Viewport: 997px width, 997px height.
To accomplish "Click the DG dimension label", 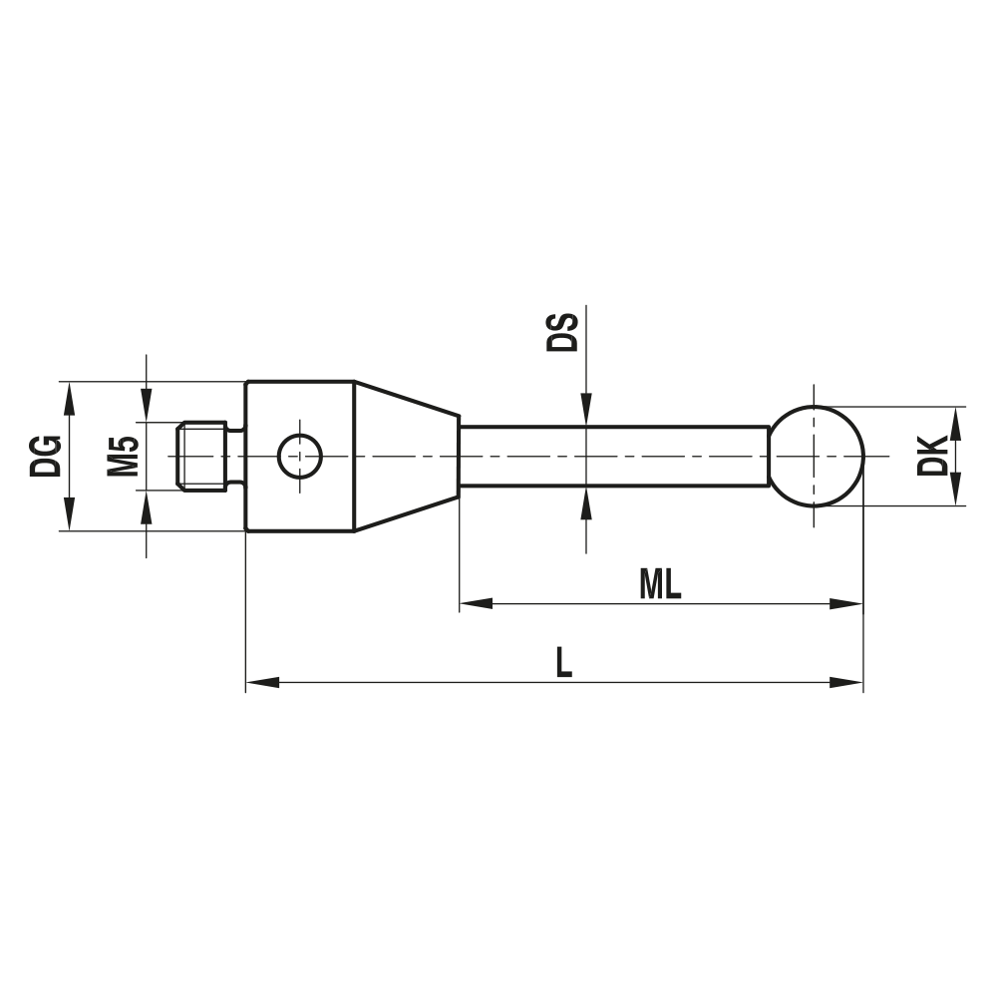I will (47, 456).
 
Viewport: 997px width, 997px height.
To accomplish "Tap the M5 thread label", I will (123, 456).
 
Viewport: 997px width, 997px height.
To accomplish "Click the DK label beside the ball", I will (933, 456).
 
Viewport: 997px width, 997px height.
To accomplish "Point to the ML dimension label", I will (660, 585).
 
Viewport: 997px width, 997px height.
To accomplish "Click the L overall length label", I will (564, 663).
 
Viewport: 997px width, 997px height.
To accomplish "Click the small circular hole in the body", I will (299, 456).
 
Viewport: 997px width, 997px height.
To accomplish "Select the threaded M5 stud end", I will (204, 456).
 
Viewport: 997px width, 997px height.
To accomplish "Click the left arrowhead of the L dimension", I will (260, 683).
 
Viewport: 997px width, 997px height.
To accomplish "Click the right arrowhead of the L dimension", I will (847, 683).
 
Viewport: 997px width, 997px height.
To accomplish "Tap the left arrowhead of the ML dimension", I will (475, 604).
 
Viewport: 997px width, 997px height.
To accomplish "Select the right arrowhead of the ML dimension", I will (847, 604).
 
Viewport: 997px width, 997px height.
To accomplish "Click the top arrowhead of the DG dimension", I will (69, 397).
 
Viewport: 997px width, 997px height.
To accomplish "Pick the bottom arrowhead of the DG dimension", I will (69, 515).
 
